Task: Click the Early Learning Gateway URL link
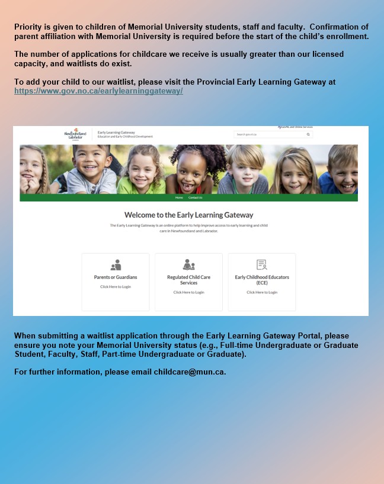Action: pyautogui.click(x=98, y=91)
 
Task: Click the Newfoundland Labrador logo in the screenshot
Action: pyautogui.click(x=75, y=135)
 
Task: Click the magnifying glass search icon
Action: pyautogui.click(x=308, y=134)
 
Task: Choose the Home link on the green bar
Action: pyautogui.click(x=179, y=198)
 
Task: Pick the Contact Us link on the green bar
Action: pyautogui.click(x=196, y=198)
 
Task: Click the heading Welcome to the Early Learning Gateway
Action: pyautogui.click(x=188, y=215)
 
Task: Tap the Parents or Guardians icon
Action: pyautogui.click(x=116, y=265)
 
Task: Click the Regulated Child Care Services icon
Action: pyautogui.click(x=188, y=265)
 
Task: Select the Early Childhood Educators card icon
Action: pyautogui.click(x=261, y=264)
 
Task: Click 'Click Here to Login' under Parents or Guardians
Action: pyautogui.click(x=116, y=286)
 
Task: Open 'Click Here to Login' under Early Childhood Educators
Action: pyautogui.click(x=262, y=292)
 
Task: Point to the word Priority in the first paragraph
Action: pyautogui.click(x=30, y=28)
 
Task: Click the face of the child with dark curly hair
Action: pyautogui.click(x=191, y=170)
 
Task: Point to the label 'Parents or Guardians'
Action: pyautogui.click(x=116, y=277)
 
